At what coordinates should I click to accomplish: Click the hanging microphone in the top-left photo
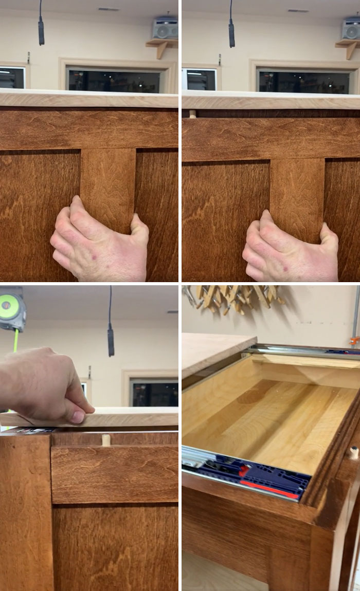click(x=41, y=30)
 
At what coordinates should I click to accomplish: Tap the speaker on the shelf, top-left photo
click(x=165, y=29)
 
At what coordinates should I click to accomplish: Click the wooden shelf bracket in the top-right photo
click(x=349, y=48)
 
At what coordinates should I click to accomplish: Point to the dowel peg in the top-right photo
click(x=192, y=114)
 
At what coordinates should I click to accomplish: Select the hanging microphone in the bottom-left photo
click(x=111, y=341)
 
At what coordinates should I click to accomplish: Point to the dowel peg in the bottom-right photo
click(x=353, y=452)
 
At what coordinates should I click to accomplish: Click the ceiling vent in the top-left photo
click(x=108, y=9)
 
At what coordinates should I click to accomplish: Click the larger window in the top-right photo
click(x=303, y=81)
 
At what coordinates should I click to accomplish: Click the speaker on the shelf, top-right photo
click(x=351, y=30)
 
